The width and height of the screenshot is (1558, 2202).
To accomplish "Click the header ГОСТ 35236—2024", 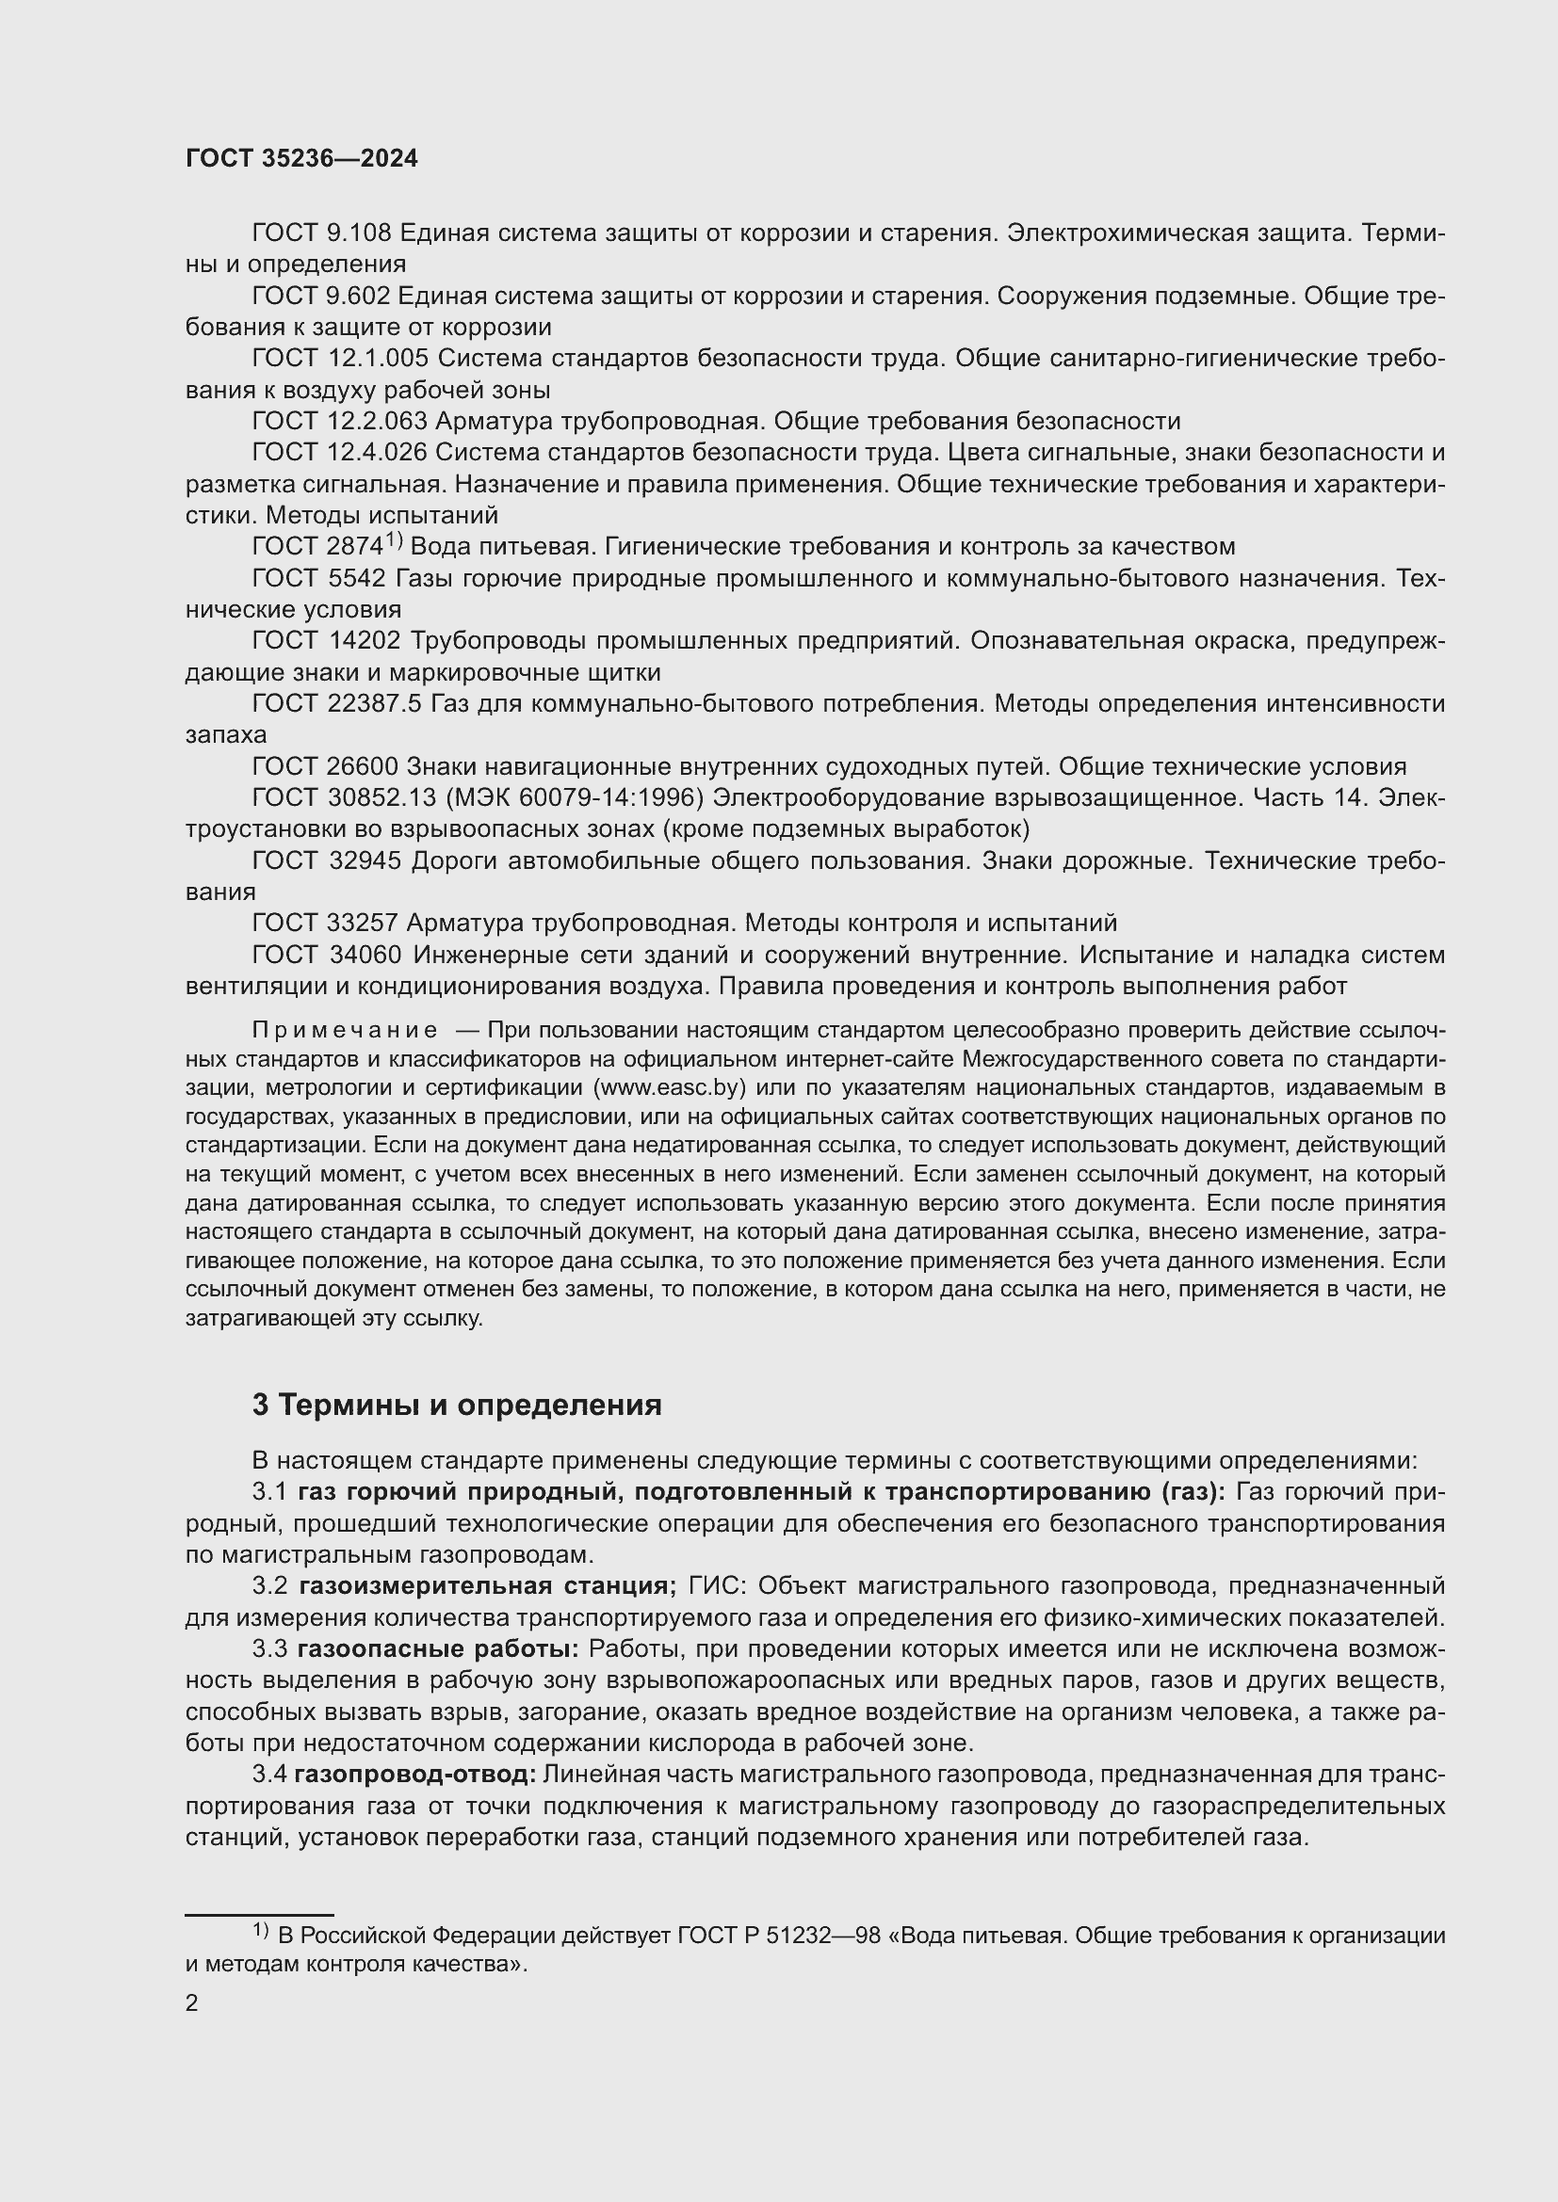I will pyautogui.click(x=301, y=159).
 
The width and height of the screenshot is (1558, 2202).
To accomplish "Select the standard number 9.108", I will pyautogui.click(x=359, y=233).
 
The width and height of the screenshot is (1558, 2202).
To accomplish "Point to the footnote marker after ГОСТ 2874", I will pyautogui.click(x=396, y=542).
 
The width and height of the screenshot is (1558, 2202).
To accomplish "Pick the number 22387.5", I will pyautogui.click(x=374, y=704).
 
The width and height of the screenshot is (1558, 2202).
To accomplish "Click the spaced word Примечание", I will pyautogui.click(x=345, y=1031).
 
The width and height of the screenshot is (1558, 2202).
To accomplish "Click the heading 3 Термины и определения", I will pyautogui.click(x=457, y=1405).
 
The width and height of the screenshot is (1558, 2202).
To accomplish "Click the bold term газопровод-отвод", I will pyautogui.click(x=414, y=1775).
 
